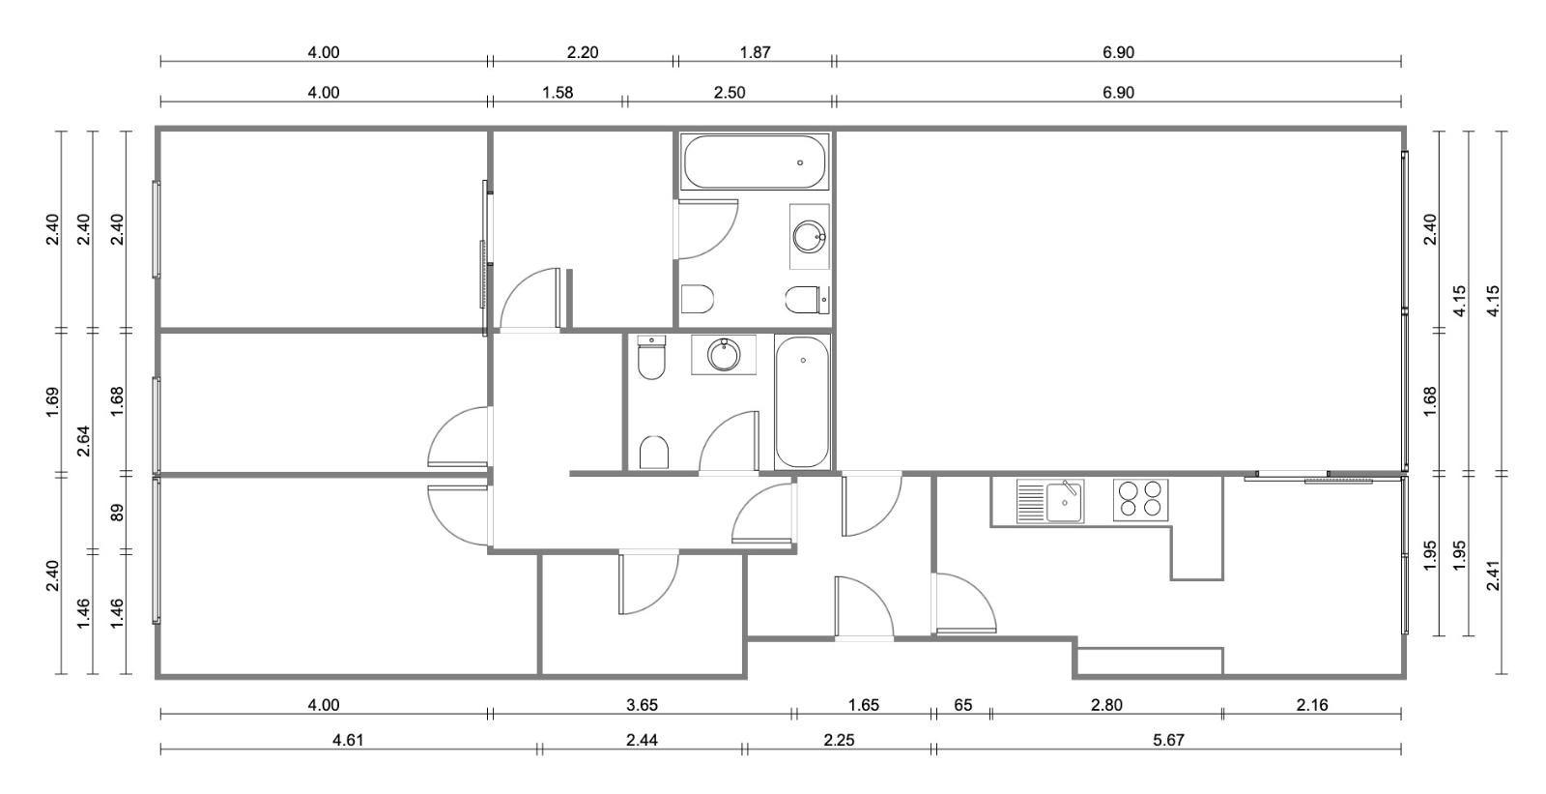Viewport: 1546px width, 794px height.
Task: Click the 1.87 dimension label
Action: (755, 52)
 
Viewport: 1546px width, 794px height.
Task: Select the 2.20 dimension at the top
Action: (583, 52)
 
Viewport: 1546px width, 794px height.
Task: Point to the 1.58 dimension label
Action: (558, 93)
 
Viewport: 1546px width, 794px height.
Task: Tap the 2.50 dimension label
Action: (730, 93)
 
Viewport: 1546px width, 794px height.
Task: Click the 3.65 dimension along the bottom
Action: (642, 705)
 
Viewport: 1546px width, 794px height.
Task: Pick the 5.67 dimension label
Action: (1168, 740)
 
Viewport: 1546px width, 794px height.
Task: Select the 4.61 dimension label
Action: (348, 740)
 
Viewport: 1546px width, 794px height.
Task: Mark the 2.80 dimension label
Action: (1106, 705)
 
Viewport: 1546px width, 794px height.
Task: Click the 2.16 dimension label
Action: (1312, 705)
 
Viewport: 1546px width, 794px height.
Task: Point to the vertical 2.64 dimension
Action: (83, 441)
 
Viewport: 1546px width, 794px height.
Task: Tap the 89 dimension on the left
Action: (117, 513)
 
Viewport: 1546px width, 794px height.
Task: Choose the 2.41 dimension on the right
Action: (1493, 574)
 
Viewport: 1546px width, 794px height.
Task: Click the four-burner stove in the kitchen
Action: (1140, 500)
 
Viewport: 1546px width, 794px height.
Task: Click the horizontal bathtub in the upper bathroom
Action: (755, 162)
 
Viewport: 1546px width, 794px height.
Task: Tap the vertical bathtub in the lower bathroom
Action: (802, 401)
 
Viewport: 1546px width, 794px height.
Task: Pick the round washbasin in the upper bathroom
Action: (809, 236)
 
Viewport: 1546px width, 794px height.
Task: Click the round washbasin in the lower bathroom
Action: (724, 355)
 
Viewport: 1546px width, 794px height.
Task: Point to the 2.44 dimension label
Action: (642, 740)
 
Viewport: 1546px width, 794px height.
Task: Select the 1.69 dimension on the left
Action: (52, 402)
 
